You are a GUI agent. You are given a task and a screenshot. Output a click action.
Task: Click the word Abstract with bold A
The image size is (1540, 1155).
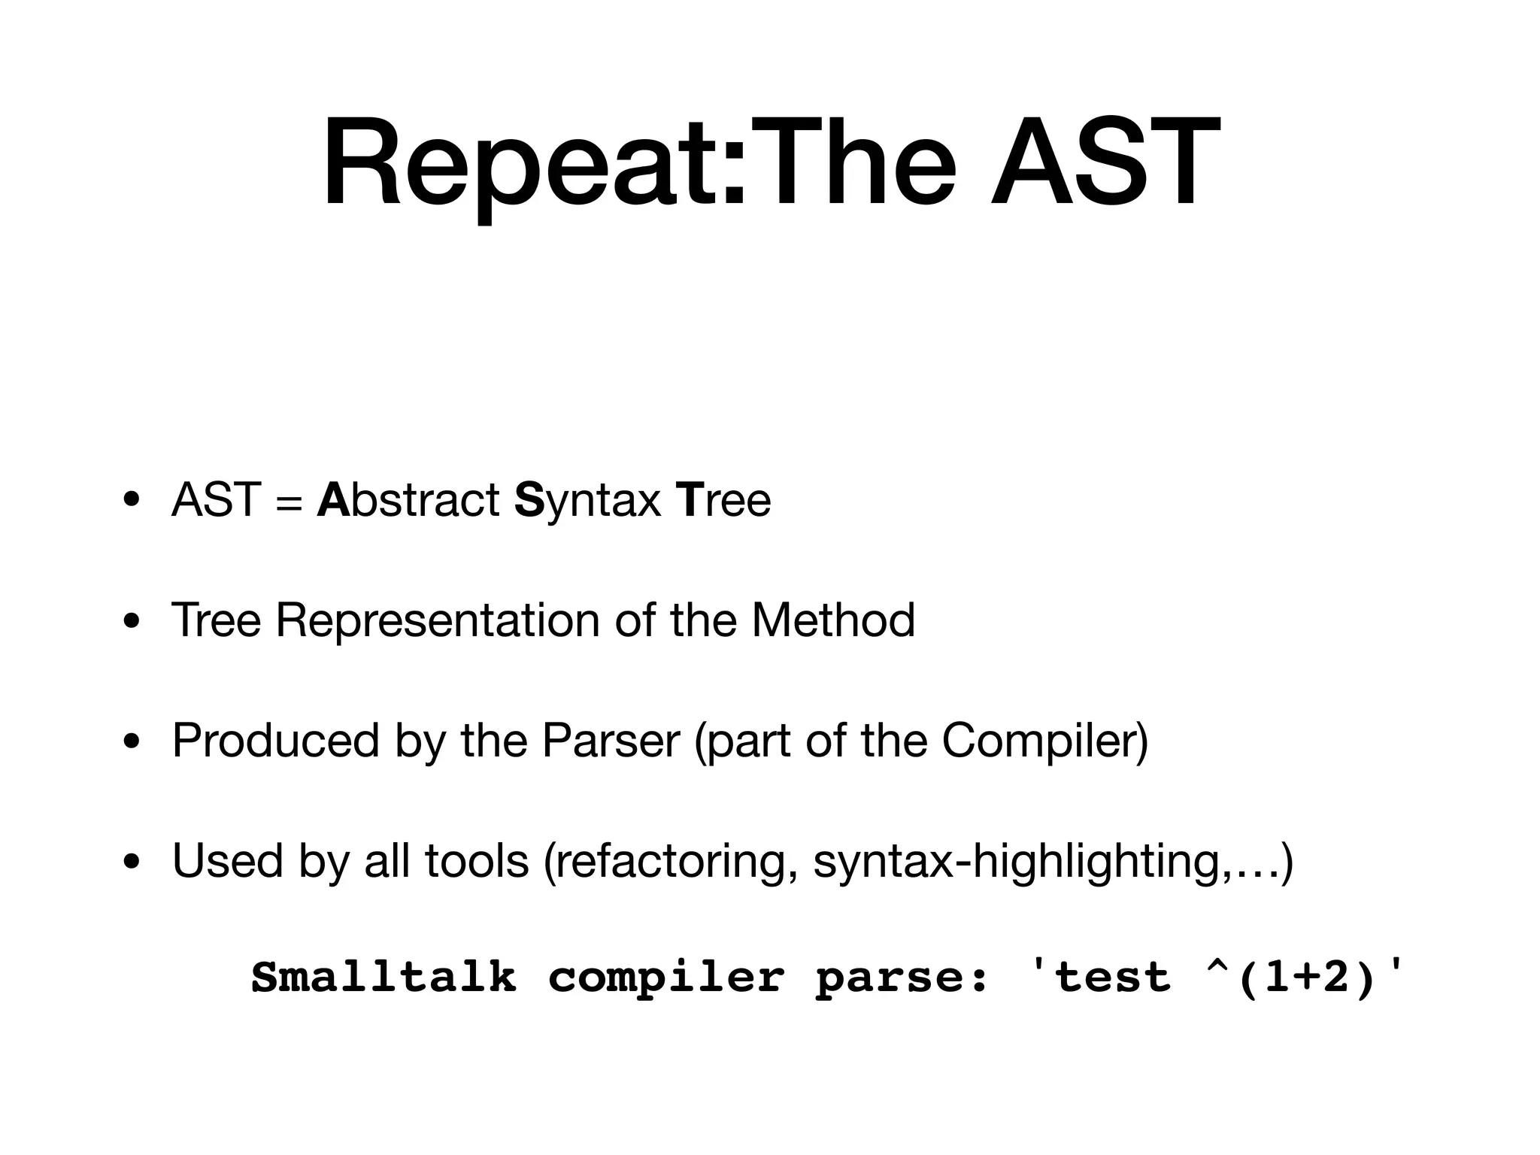(x=408, y=500)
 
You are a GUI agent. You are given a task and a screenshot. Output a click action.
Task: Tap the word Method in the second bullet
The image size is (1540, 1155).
(x=833, y=620)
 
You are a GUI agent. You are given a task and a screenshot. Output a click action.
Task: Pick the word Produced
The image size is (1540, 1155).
(x=275, y=741)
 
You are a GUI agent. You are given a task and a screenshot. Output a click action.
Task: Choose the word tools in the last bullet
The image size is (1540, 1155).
(x=477, y=861)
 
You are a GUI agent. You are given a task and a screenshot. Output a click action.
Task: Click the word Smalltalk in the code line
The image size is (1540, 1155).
(x=383, y=978)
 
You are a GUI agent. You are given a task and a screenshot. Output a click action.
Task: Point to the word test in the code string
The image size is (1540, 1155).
(x=1111, y=978)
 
